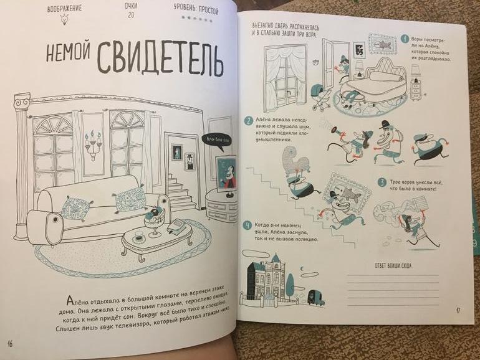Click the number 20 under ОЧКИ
(x=131, y=15)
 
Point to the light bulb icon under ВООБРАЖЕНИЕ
(x=64, y=19)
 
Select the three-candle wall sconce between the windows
(x=93, y=145)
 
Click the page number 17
(x=458, y=310)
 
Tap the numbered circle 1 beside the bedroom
(x=405, y=39)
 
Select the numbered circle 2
(x=248, y=120)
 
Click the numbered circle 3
(x=382, y=183)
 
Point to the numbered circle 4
(x=247, y=226)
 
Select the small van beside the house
(x=315, y=297)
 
